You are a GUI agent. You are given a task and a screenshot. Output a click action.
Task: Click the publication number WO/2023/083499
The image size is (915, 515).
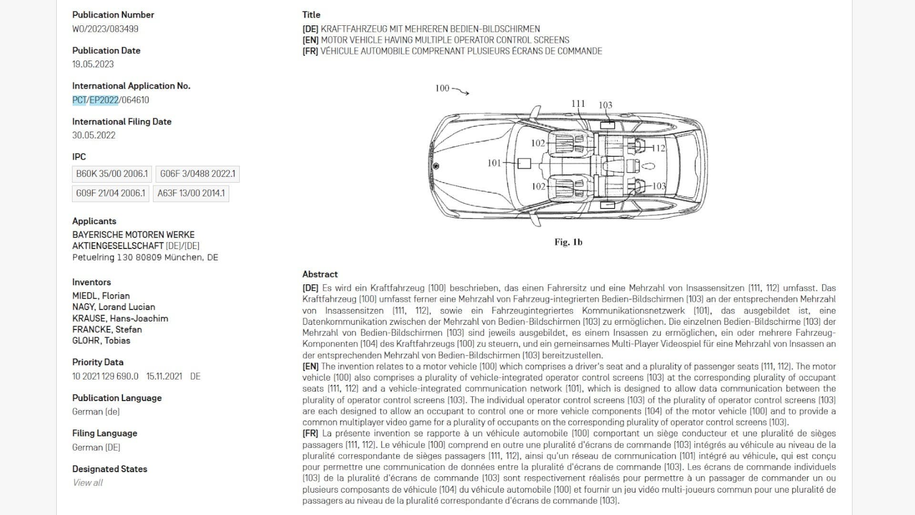[x=105, y=29]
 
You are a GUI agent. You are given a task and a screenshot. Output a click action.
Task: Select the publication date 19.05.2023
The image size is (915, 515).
[x=93, y=64]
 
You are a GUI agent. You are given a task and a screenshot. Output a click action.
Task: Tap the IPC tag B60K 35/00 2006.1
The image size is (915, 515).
[x=112, y=174]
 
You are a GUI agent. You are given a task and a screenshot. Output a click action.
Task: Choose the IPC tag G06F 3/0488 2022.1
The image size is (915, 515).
[x=198, y=174]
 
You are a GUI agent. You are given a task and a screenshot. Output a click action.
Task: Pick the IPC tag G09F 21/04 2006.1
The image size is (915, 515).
[x=111, y=193]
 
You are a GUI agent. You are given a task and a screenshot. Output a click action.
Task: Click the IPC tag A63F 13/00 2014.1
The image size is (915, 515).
[x=191, y=193]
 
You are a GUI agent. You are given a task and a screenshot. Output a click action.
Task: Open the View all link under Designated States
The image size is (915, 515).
[x=88, y=483]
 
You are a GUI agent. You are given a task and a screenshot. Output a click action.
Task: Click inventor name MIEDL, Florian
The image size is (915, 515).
[x=101, y=296]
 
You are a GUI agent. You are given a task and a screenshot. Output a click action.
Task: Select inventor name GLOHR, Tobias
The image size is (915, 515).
[x=101, y=340]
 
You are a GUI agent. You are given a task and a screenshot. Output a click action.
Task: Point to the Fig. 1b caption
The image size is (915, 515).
[x=568, y=242]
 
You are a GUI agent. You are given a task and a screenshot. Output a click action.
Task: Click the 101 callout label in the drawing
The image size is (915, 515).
[x=494, y=163]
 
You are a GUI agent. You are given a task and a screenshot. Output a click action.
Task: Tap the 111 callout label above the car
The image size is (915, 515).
[x=578, y=103]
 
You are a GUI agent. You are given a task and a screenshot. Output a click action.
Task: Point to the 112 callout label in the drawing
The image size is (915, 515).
[x=659, y=148]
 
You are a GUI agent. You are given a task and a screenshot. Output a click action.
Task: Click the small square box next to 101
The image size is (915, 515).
[x=524, y=163]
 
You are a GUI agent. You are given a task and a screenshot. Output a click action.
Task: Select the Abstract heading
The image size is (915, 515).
[x=320, y=274]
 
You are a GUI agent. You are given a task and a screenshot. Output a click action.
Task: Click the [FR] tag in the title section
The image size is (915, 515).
[x=310, y=51]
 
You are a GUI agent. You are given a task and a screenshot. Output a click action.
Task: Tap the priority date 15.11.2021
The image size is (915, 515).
[x=164, y=376]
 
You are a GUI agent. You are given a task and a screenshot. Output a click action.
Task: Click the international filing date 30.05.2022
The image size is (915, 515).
[x=94, y=135]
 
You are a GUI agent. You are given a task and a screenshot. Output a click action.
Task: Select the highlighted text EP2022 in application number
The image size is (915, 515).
[x=104, y=100]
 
